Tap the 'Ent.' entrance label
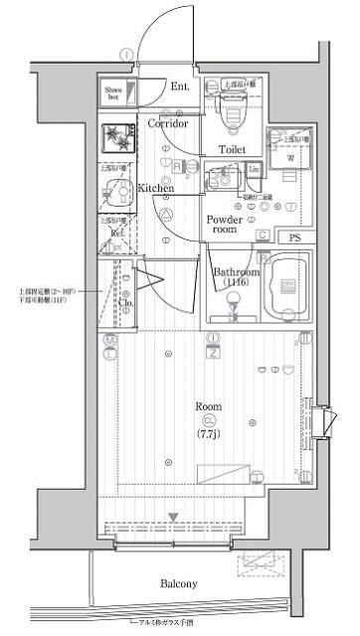point(180,87)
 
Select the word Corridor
point(168,124)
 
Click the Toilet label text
point(232,149)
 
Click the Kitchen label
point(156,188)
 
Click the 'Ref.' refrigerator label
point(116,234)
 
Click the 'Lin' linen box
point(255,171)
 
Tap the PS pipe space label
point(293,238)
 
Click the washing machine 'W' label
point(289,157)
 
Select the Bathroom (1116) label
point(236,277)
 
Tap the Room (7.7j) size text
point(209,433)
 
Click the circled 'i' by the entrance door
point(125,53)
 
